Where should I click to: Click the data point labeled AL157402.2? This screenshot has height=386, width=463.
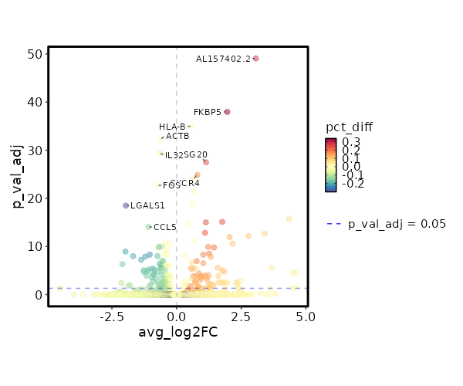tap(255, 59)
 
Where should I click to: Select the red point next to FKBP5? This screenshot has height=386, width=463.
tap(227, 112)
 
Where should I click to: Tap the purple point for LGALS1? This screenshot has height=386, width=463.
tap(126, 205)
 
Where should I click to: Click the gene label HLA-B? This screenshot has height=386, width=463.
tap(172, 127)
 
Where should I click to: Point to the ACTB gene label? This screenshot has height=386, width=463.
tap(177, 137)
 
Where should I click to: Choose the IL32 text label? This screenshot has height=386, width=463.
tap(174, 155)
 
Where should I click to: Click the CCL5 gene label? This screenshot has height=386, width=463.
tap(165, 227)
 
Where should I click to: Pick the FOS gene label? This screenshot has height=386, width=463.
tap(171, 185)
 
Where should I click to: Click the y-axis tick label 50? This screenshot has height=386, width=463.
tap(33, 54)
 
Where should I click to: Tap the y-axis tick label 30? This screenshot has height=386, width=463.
tap(33, 151)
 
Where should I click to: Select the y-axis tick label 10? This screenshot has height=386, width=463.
tap(33, 247)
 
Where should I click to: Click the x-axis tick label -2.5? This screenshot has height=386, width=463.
tap(112, 317)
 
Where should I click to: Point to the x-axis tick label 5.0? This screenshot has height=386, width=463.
tap(306, 317)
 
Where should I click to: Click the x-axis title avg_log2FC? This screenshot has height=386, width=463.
tap(177, 332)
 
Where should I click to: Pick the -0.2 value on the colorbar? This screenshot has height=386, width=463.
tap(353, 184)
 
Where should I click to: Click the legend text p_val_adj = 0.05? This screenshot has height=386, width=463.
tap(397, 224)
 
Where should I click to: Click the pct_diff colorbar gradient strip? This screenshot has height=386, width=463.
tap(331, 164)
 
